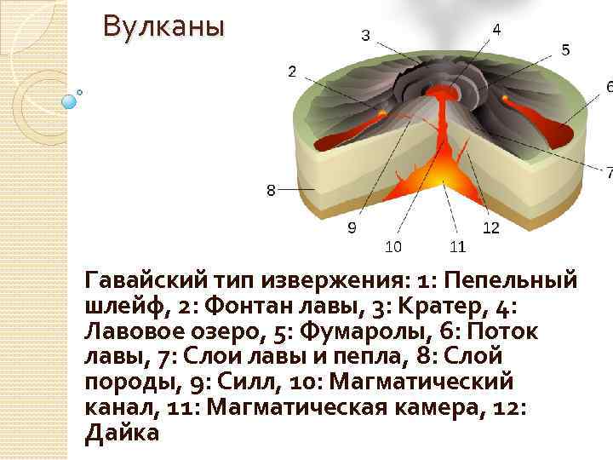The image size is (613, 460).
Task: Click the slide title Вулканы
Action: (x=163, y=27)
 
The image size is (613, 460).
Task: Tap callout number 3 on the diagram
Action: (x=365, y=35)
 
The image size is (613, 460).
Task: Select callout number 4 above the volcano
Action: (x=496, y=28)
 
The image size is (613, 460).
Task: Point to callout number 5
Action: (x=565, y=50)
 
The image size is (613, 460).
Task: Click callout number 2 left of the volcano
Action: (x=292, y=72)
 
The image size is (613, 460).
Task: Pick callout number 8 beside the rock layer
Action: (x=271, y=190)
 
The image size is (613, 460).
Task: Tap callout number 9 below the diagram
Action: (x=352, y=227)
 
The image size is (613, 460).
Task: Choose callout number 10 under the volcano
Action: (x=393, y=246)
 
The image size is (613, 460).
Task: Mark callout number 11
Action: (x=457, y=246)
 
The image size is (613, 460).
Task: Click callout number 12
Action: (x=490, y=227)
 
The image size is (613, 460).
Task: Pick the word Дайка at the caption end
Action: (x=123, y=433)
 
